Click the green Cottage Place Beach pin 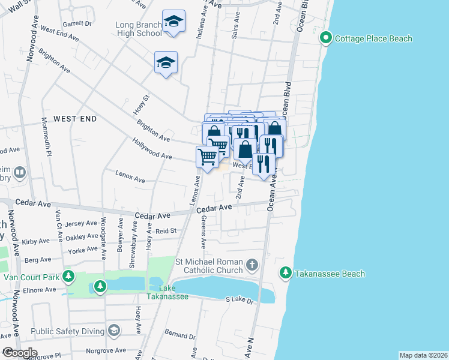click(325, 38)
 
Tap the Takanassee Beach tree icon click(286, 274)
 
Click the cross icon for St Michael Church click(252, 265)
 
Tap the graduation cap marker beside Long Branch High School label click(174, 22)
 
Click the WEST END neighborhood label click(75, 119)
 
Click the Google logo click(19, 352)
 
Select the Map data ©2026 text click(423, 355)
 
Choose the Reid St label click(166, 230)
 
